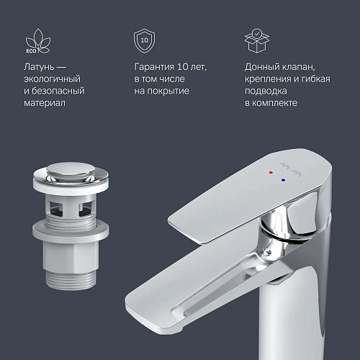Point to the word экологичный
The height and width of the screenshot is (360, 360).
point(53,79)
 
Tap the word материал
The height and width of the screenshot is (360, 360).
point(45,104)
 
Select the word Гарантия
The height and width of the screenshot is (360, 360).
point(156,67)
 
